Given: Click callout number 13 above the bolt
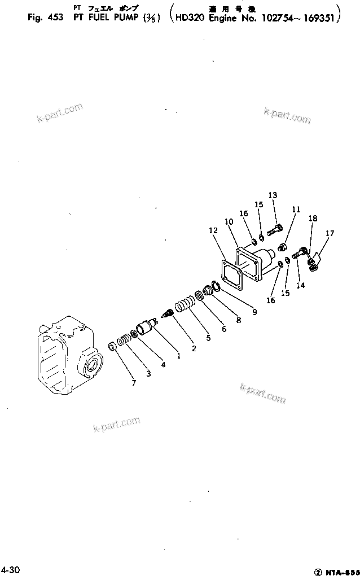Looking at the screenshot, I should [273, 195].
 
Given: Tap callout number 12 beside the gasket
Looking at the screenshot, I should [213, 230].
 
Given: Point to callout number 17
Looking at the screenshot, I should [330, 233].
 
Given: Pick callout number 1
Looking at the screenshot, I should [178, 356].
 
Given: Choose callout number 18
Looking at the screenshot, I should [313, 218].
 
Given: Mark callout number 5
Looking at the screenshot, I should [208, 338].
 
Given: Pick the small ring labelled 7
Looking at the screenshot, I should [112, 346].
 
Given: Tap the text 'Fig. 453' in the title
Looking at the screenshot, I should [43, 18].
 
